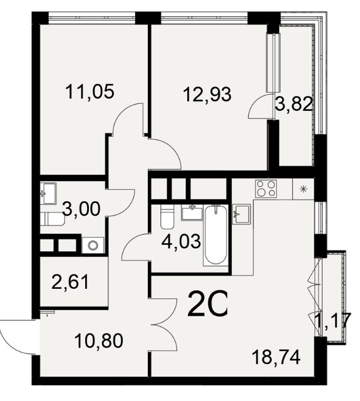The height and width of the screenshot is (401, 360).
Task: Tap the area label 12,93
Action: click(207, 94)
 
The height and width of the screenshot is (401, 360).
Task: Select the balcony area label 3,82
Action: click(294, 105)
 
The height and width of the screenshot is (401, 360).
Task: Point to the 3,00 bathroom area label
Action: click(81, 209)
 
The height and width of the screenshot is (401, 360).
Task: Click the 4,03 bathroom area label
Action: click(181, 241)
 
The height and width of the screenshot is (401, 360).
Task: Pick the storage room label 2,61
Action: click(70, 282)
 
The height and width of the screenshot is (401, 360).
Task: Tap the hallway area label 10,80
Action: click(99, 341)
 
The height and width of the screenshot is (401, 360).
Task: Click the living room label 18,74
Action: click(276, 357)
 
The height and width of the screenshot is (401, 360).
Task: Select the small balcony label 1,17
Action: click(332, 320)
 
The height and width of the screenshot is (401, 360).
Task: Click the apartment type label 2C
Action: click(207, 304)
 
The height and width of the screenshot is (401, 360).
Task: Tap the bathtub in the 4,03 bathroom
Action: click(216, 235)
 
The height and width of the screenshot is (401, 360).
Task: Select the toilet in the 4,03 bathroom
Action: click(167, 217)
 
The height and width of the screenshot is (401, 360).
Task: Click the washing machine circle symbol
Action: click(93, 246)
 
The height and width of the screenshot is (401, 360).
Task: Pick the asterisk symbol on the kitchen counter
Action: click(303, 189)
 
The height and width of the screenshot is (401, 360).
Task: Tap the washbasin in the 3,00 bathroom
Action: click(48, 194)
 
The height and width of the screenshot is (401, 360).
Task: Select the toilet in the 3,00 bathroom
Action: click(53, 219)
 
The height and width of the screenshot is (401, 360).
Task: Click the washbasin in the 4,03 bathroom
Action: click(192, 212)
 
